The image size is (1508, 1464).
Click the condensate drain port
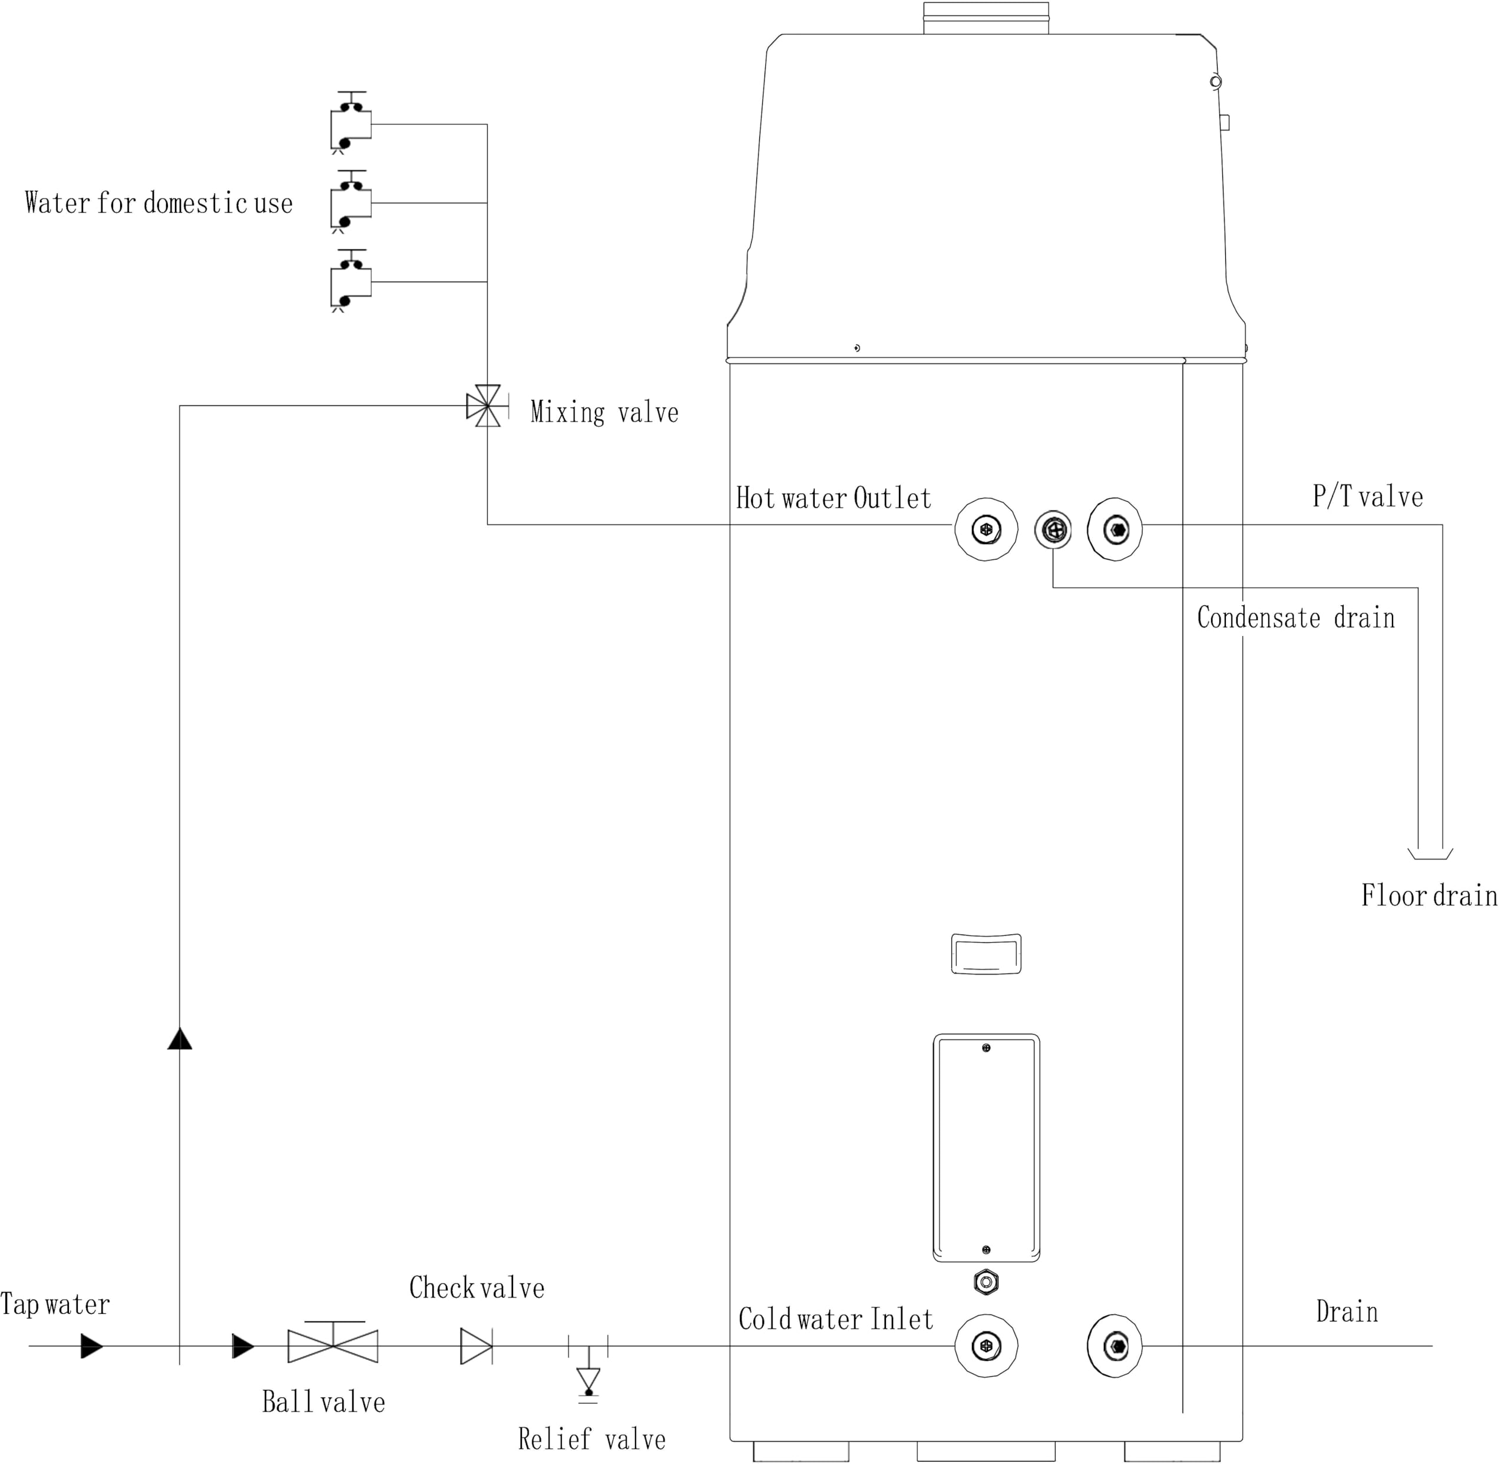tap(1053, 529)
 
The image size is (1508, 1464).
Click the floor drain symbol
tap(1430, 854)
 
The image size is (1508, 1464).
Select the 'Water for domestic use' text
tap(158, 203)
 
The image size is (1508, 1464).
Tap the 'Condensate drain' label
tap(1296, 618)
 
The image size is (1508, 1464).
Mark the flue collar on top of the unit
tap(986, 18)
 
